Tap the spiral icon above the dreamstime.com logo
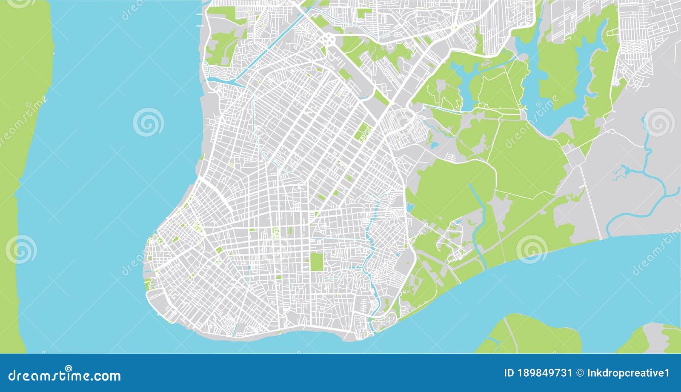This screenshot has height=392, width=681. (x=69, y=368)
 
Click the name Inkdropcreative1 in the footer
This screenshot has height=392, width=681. (x=628, y=373)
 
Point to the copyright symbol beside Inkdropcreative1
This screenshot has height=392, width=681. (x=580, y=373)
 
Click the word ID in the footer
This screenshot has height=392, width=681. (x=509, y=373)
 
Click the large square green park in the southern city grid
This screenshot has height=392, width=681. (x=316, y=262)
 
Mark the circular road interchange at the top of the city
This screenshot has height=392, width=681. (x=329, y=40)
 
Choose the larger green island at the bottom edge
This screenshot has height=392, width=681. (x=532, y=336)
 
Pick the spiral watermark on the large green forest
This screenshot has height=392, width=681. (x=532, y=249)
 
